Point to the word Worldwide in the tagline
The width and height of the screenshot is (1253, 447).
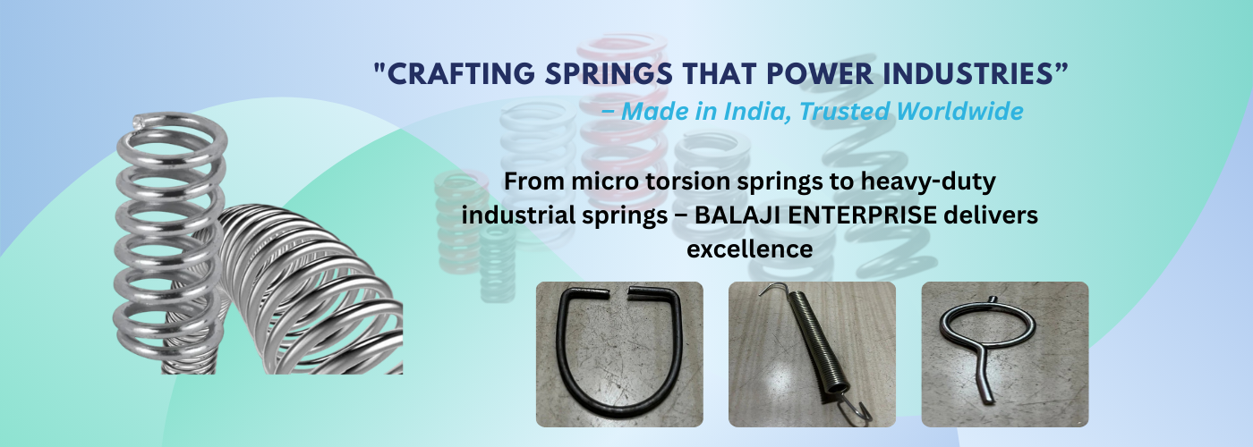point(959,111)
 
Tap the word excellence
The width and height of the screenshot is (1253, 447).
point(750,249)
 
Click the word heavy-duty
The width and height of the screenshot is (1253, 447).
point(928,182)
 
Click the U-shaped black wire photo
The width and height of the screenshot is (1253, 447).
point(619,354)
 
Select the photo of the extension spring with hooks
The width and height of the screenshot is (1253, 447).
point(812,354)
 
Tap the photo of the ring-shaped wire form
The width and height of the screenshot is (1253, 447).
point(1004,354)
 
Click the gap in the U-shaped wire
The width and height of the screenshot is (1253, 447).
point(618,291)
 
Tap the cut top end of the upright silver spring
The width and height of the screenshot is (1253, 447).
point(140,121)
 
